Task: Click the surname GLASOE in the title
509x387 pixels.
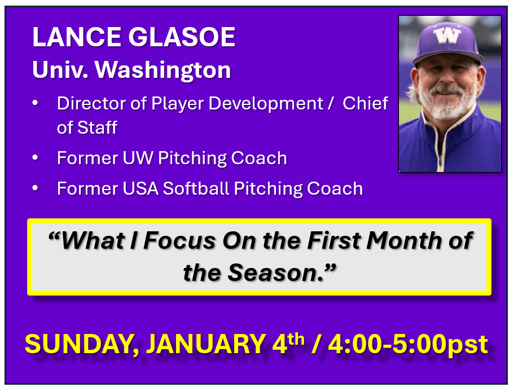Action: [182, 37]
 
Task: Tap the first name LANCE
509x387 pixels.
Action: [77, 37]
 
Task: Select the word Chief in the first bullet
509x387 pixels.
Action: [365, 103]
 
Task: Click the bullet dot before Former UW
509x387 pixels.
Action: [35, 157]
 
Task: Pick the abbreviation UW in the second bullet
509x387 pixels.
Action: [138, 159]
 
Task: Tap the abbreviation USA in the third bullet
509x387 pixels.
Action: [141, 188]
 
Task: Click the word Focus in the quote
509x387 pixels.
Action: [179, 241]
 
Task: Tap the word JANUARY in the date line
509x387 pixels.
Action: [206, 344]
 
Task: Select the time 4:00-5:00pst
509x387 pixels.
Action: [408, 345]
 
